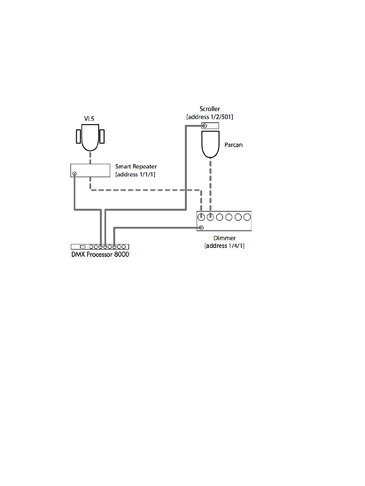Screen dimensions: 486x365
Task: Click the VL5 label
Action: [x=89, y=118]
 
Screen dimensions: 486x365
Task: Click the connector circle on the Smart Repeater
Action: [x=74, y=174]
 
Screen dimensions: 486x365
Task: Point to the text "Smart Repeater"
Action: [x=136, y=167]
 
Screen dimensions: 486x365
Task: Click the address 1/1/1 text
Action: [x=135, y=174]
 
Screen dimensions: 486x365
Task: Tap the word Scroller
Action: [x=209, y=109]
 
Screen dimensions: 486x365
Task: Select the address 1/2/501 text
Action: [x=209, y=117]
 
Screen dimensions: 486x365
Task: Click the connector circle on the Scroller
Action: [x=205, y=126]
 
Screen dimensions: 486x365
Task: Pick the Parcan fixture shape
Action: [x=210, y=144]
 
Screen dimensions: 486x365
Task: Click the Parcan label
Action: [x=233, y=145]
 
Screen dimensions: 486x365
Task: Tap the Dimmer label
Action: [x=225, y=238]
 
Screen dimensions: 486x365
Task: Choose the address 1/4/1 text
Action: [x=225, y=246]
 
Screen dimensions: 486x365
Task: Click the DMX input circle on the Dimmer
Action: [x=201, y=228]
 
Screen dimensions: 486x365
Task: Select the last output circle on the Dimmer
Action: [x=247, y=217]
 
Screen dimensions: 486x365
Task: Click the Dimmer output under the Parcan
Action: [x=210, y=217]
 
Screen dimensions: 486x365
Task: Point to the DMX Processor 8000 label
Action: [x=100, y=254]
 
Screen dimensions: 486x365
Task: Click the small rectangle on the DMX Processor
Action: [x=83, y=247]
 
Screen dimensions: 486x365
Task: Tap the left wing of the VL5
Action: [x=79, y=137]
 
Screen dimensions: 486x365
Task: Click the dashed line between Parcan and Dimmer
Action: [x=210, y=184]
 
